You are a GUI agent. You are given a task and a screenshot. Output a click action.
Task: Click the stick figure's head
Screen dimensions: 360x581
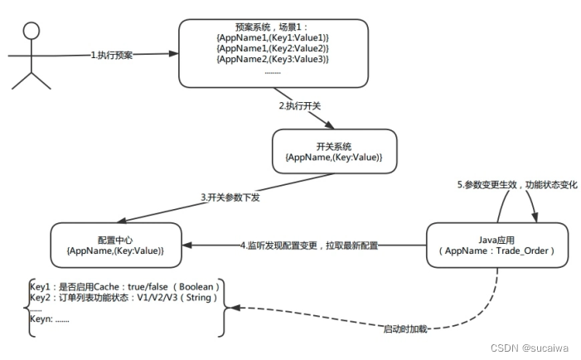(x=31, y=31)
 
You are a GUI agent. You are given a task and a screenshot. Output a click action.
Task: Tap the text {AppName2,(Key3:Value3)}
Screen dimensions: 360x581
(x=272, y=59)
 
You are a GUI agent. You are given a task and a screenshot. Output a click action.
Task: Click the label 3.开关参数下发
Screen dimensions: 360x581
(x=230, y=197)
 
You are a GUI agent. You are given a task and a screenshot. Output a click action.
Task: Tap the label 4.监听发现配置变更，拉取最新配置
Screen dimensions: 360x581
(x=309, y=246)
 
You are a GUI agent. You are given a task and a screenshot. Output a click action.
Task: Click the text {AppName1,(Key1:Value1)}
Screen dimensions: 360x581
(x=272, y=37)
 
